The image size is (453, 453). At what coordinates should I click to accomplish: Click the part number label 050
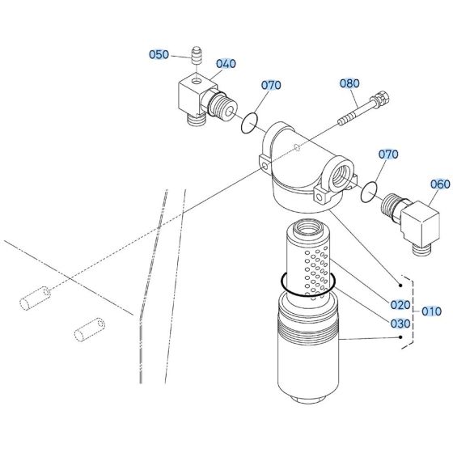pos(159,55)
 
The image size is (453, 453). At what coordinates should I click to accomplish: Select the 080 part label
pos(349,83)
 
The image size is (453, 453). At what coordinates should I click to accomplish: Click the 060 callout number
pos(439,184)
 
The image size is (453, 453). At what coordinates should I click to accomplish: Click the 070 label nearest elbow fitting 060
pos(389,154)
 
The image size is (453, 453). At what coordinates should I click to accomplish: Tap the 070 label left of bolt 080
pos(271,84)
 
